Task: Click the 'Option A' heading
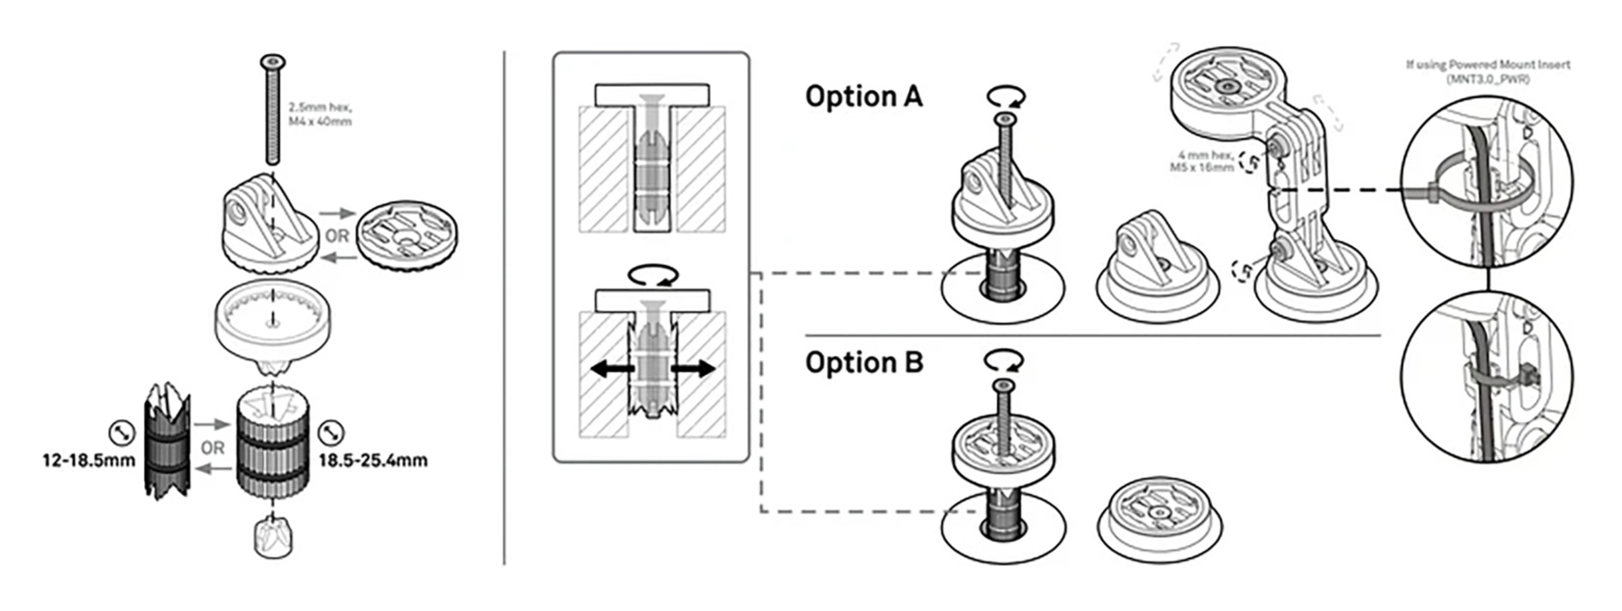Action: [x=863, y=96]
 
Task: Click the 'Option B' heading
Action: [x=863, y=362]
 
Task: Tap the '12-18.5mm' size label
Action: [x=88, y=461]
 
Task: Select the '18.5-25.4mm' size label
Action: [x=373, y=461]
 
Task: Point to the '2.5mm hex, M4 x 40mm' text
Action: [x=320, y=114]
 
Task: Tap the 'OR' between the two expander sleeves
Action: [x=213, y=448]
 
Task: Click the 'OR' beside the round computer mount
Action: [x=337, y=236]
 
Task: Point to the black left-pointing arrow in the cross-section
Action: [x=609, y=369]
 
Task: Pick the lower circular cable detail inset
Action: [x=1487, y=379]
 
